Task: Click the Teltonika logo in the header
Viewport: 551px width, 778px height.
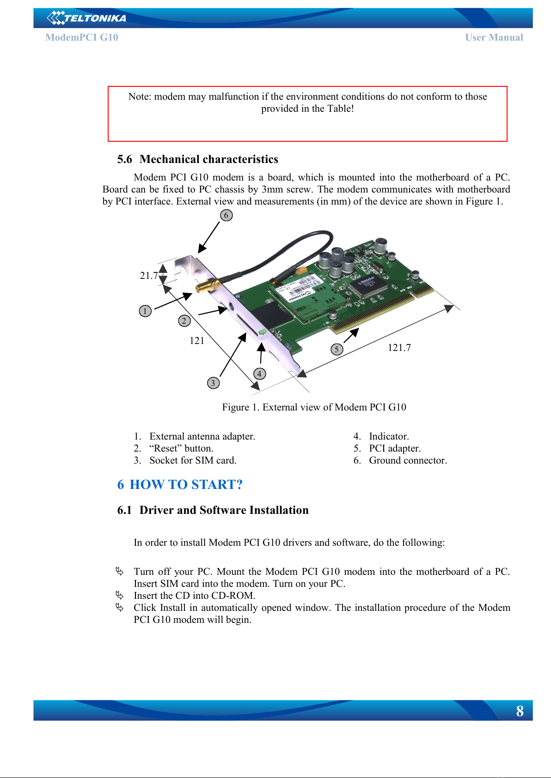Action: pos(86,18)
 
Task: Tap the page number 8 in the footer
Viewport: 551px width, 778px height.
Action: pos(520,711)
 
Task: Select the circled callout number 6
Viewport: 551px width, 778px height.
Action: pos(226,215)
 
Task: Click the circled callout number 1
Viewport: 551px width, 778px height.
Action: pos(145,311)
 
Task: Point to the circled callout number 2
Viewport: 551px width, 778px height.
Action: pos(184,320)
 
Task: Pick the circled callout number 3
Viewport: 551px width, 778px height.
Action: pos(213,383)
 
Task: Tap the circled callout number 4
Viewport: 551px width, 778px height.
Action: pos(259,374)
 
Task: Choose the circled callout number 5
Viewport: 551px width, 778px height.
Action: pos(337,349)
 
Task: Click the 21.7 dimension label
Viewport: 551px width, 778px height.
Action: pos(149,276)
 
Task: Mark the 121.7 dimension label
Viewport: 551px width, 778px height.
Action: pos(399,348)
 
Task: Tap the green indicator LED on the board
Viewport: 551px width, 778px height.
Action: pos(262,332)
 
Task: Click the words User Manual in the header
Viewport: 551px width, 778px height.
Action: pos(494,37)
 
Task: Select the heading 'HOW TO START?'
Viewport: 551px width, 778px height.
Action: pos(186,484)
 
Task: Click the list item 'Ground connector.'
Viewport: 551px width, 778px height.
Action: pos(408,460)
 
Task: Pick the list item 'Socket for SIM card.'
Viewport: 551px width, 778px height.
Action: pos(193,460)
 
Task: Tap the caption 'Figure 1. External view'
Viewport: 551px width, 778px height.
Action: pos(314,407)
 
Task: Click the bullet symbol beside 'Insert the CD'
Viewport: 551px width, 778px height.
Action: pos(120,595)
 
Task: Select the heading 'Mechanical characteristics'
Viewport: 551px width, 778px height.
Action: pos(208,159)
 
